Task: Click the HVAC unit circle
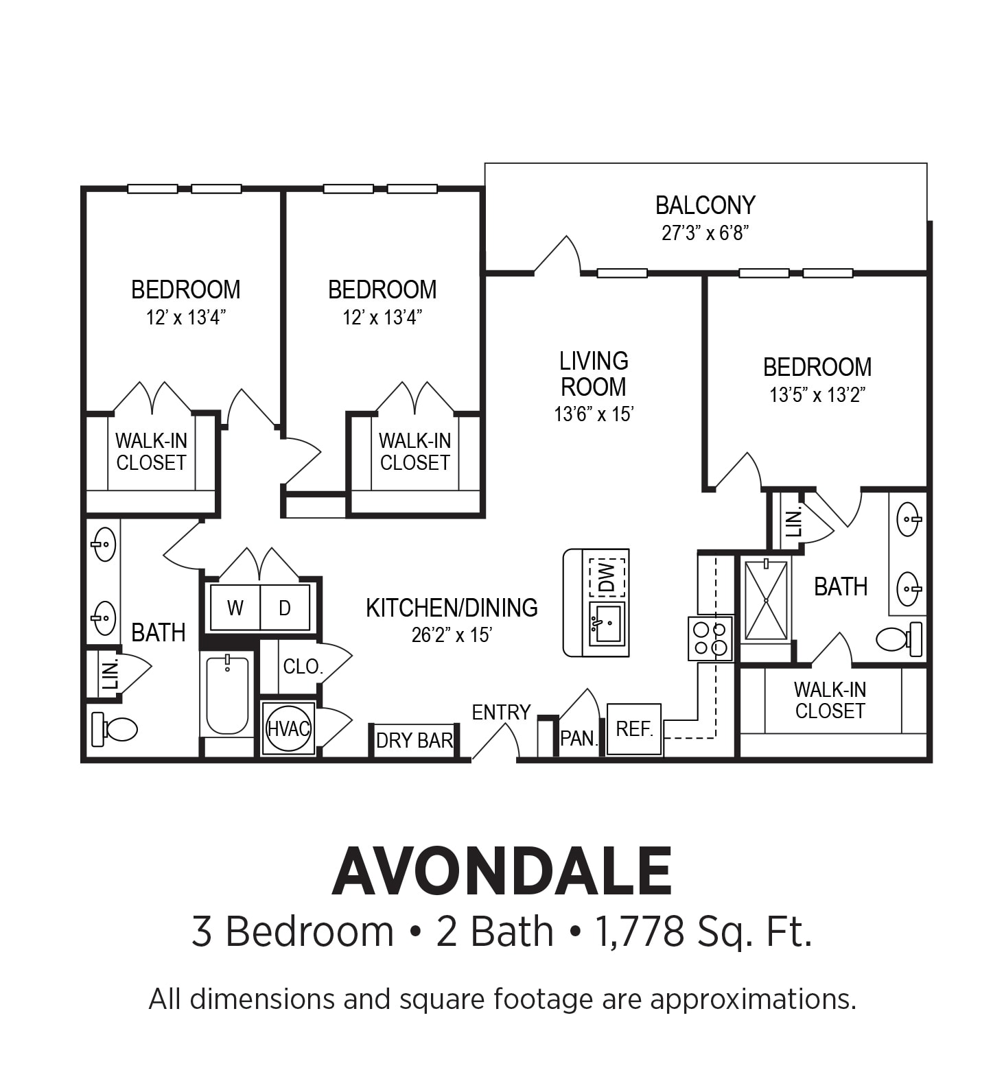288,728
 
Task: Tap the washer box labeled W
235,608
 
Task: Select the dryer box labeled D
285,608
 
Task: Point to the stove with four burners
710,639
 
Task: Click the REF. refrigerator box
634,729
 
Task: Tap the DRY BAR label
415,741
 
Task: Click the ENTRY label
501,713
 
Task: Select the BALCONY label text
705,205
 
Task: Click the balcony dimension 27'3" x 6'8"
705,233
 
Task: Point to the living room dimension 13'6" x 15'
594,414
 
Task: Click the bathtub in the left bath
227,694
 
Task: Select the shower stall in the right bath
765,600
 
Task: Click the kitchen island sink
607,623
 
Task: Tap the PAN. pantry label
579,739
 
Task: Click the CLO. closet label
303,667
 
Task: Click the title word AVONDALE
502,872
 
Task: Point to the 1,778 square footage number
640,932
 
